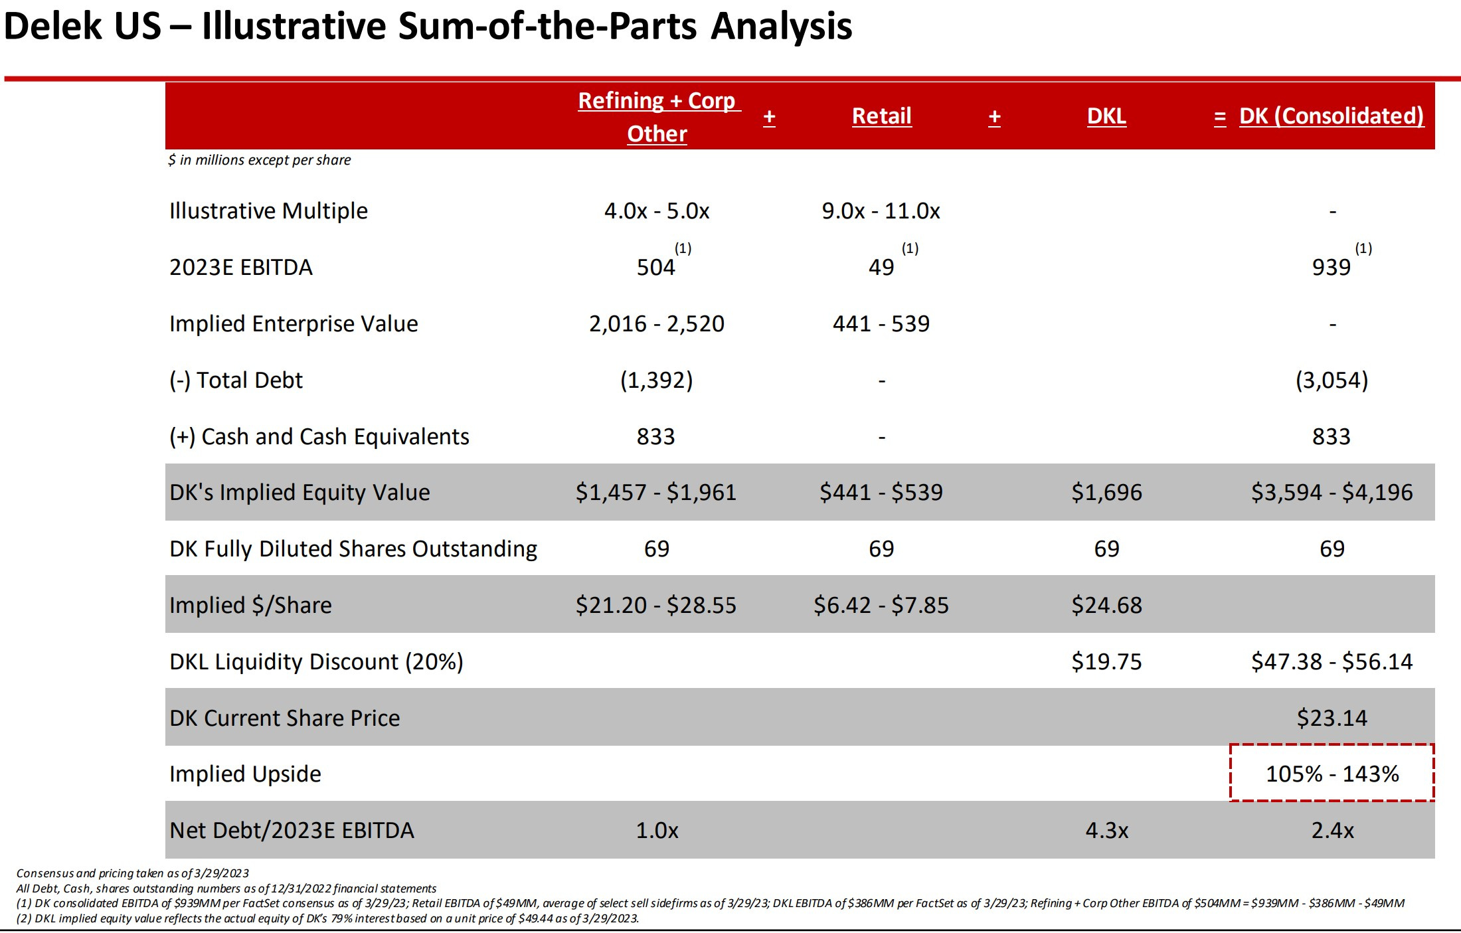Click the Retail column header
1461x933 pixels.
(x=881, y=116)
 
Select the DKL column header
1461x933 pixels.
(x=1106, y=116)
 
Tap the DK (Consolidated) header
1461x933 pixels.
(x=1331, y=116)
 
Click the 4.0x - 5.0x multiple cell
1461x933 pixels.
(x=656, y=211)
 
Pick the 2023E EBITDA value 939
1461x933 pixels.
(x=1331, y=268)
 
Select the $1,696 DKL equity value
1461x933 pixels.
(x=1106, y=493)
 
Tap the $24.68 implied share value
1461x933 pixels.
(x=1106, y=606)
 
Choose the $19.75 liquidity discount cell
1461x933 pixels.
(x=1106, y=662)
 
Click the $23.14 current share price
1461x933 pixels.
(x=1332, y=719)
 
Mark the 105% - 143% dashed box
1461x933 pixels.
(x=1332, y=774)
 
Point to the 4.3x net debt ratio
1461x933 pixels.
(x=1106, y=831)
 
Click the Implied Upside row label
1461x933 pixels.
(x=245, y=774)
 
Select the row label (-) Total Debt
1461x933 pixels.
(x=236, y=381)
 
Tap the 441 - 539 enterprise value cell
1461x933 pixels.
(x=881, y=324)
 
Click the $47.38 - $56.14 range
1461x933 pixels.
(x=1332, y=662)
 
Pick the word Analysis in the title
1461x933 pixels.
(x=781, y=27)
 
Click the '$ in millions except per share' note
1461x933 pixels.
(x=260, y=160)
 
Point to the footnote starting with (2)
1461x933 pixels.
(x=327, y=918)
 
